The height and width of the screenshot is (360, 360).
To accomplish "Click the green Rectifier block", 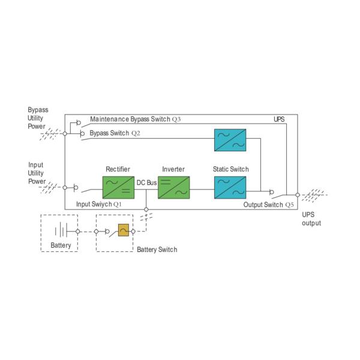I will [x=118, y=187].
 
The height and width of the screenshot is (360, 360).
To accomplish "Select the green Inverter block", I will [x=173, y=187].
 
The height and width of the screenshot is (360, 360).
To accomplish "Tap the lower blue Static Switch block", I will [x=230, y=187].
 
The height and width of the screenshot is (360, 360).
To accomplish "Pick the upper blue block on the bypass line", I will [x=230, y=139].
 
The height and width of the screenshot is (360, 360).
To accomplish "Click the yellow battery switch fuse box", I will [x=124, y=230].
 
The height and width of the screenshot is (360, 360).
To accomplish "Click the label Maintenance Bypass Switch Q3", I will [x=135, y=119].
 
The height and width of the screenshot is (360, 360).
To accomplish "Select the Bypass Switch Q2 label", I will [x=115, y=132].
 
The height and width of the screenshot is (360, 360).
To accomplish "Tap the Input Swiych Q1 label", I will [x=99, y=205].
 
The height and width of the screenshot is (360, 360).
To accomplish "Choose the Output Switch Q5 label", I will [x=269, y=205].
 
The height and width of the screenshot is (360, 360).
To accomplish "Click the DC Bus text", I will [x=147, y=182].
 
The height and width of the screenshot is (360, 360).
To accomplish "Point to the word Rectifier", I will [x=118, y=170].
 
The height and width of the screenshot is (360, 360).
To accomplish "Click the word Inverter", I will [x=173, y=170].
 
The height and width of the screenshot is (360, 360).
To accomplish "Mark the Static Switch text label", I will [x=230, y=170].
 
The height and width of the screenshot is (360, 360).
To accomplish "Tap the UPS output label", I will [x=311, y=219].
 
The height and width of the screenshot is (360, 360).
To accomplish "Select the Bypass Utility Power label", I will [x=38, y=118].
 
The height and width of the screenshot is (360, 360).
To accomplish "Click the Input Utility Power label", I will [x=37, y=173].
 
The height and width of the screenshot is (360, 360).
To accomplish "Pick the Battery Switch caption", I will [x=157, y=250].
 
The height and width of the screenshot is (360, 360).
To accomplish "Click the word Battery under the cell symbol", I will [x=61, y=245].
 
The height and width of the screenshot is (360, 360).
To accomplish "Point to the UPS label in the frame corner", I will [x=279, y=119].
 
